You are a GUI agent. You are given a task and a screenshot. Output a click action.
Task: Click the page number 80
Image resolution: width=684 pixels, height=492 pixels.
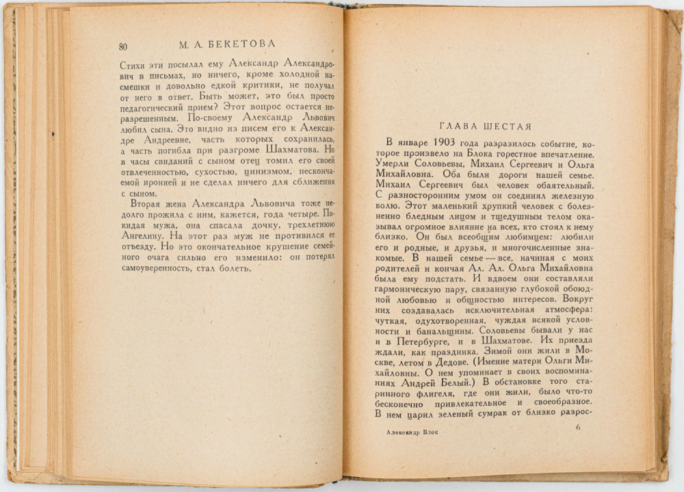pos(122,46)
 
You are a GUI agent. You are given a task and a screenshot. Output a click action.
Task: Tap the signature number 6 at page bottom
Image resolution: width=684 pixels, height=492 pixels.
pos(577,428)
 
